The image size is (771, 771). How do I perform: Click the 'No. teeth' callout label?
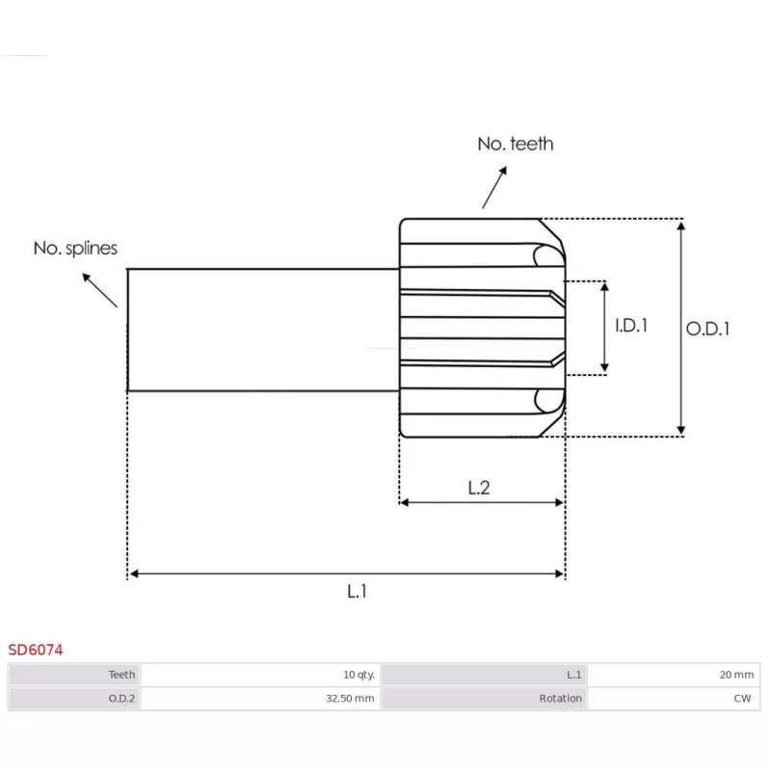[516, 144]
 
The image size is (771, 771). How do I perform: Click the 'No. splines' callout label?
[75, 248]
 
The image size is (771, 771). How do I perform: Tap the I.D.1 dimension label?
[631, 326]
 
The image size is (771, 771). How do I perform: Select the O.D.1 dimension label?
[708, 329]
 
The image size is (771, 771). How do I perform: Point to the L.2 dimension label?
[479, 488]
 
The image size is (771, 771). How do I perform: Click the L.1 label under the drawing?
[358, 591]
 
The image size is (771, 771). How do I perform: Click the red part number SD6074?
[36, 650]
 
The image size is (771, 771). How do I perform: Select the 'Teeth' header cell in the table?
[75, 675]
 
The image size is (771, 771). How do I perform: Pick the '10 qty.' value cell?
[260, 675]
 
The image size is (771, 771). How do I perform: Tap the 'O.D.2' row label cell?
[75, 699]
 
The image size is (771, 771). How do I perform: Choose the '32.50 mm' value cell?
[260, 699]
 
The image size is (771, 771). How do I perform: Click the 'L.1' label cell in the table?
[484, 675]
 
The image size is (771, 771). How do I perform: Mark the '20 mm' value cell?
[673, 675]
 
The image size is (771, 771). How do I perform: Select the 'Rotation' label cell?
[484, 699]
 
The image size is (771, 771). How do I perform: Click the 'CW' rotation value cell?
[673, 699]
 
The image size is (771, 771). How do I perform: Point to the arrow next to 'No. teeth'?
[494, 186]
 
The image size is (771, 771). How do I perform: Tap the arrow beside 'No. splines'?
[99, 289]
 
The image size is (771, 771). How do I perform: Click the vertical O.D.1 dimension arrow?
[681, 328]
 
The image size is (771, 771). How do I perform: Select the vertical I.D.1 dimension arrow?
[604, 326]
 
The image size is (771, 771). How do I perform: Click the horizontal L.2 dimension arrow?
[481, 502]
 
